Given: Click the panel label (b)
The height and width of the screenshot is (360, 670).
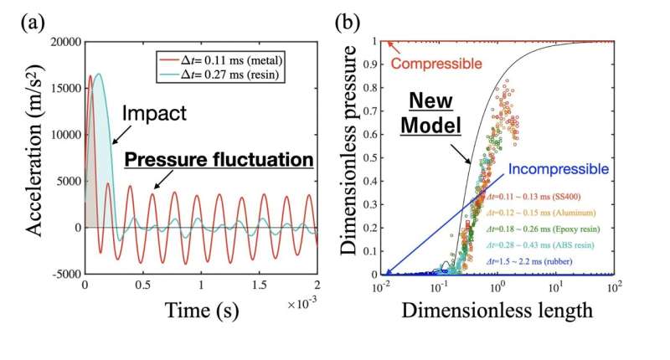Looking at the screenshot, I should click(x=351, y=22).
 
